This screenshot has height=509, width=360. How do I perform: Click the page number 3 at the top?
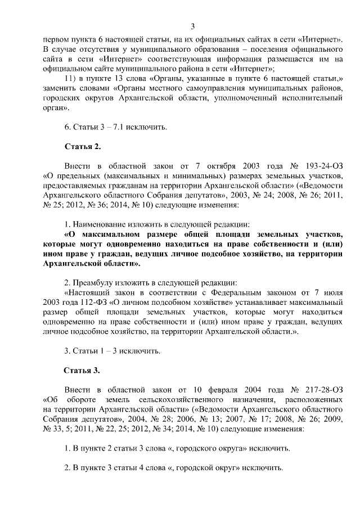(x=192, y=26)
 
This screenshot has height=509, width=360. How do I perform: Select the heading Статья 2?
(x=83, y=147)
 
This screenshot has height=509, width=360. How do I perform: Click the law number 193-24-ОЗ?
(x=322, y=167)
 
